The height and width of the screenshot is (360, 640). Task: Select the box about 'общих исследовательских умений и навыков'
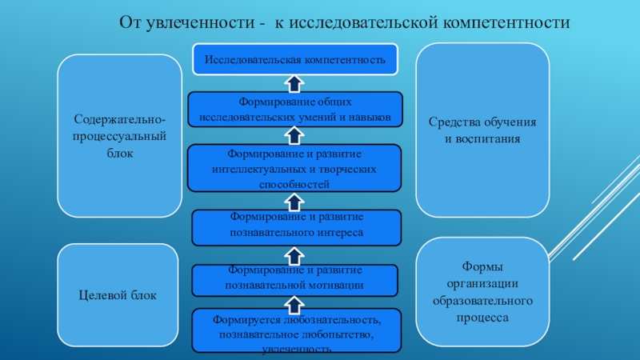click(295, 110)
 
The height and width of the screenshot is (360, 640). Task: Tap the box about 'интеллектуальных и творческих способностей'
click(295, 168)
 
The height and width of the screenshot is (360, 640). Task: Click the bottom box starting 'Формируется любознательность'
click(295, 331)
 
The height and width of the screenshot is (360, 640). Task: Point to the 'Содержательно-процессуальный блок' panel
click(119, 135)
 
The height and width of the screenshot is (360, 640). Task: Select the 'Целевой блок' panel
click(118, 296)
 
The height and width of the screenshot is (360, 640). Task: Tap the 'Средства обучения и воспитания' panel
click(482, 131)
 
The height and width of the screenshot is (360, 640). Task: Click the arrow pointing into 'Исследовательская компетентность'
click(294, 82)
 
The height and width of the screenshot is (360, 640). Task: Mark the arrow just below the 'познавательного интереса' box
click(294, 255)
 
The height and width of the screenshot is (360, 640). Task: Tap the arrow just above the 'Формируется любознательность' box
click(294, 302)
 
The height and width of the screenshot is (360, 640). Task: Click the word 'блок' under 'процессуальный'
click(119, 152)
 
